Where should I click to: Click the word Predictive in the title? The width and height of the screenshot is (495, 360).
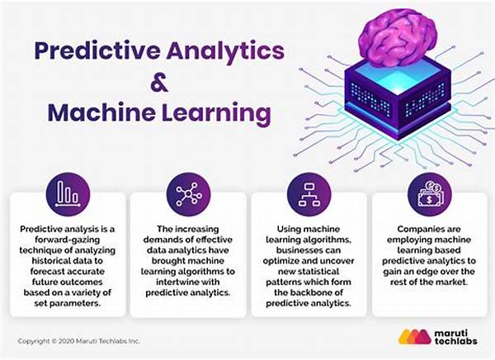97,51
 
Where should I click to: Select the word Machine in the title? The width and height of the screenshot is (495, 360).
101,112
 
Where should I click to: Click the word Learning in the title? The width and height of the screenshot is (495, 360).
216,114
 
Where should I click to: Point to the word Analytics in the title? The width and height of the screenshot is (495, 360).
225,52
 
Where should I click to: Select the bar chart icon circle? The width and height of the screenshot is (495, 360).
68,194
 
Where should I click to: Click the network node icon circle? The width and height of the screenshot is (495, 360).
188,194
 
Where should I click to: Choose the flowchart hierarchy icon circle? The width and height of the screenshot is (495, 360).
309,194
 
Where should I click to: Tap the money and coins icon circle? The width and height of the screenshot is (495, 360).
430,194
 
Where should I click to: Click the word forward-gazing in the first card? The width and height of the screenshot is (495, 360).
68,240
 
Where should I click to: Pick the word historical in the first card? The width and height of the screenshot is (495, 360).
50,261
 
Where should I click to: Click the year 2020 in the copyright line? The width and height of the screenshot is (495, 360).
66,341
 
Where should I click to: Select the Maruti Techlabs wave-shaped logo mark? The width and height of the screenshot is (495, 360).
414,337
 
